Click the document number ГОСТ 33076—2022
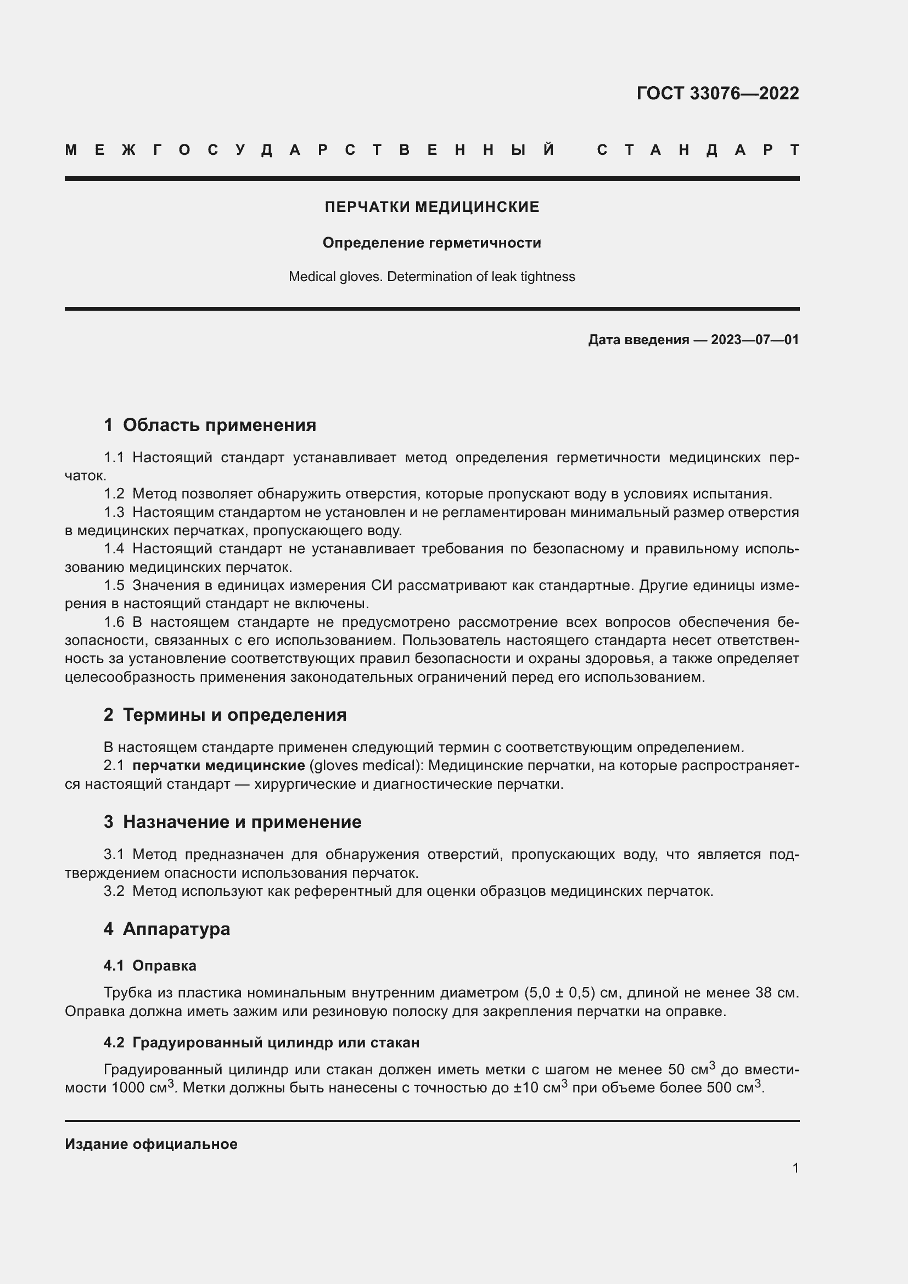[718, 93]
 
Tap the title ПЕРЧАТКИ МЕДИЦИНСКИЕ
[431, 207]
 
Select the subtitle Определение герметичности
[431, 243]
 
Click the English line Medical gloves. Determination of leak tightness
[431, 277]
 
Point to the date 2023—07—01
[754, 339]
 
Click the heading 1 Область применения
[210, 425]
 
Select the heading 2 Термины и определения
[225, 715]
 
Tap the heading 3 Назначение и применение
[232, 822]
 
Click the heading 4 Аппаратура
[167, 928]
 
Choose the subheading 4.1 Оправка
[150, 965]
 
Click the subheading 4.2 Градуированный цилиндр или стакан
[261, 1042]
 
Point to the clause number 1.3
[114, 512]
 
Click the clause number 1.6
[114, 622]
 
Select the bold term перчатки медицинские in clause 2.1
[218, 765]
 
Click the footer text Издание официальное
[151, 1144]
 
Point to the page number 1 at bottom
[795, 1168]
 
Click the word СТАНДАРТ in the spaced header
[697, 150]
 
